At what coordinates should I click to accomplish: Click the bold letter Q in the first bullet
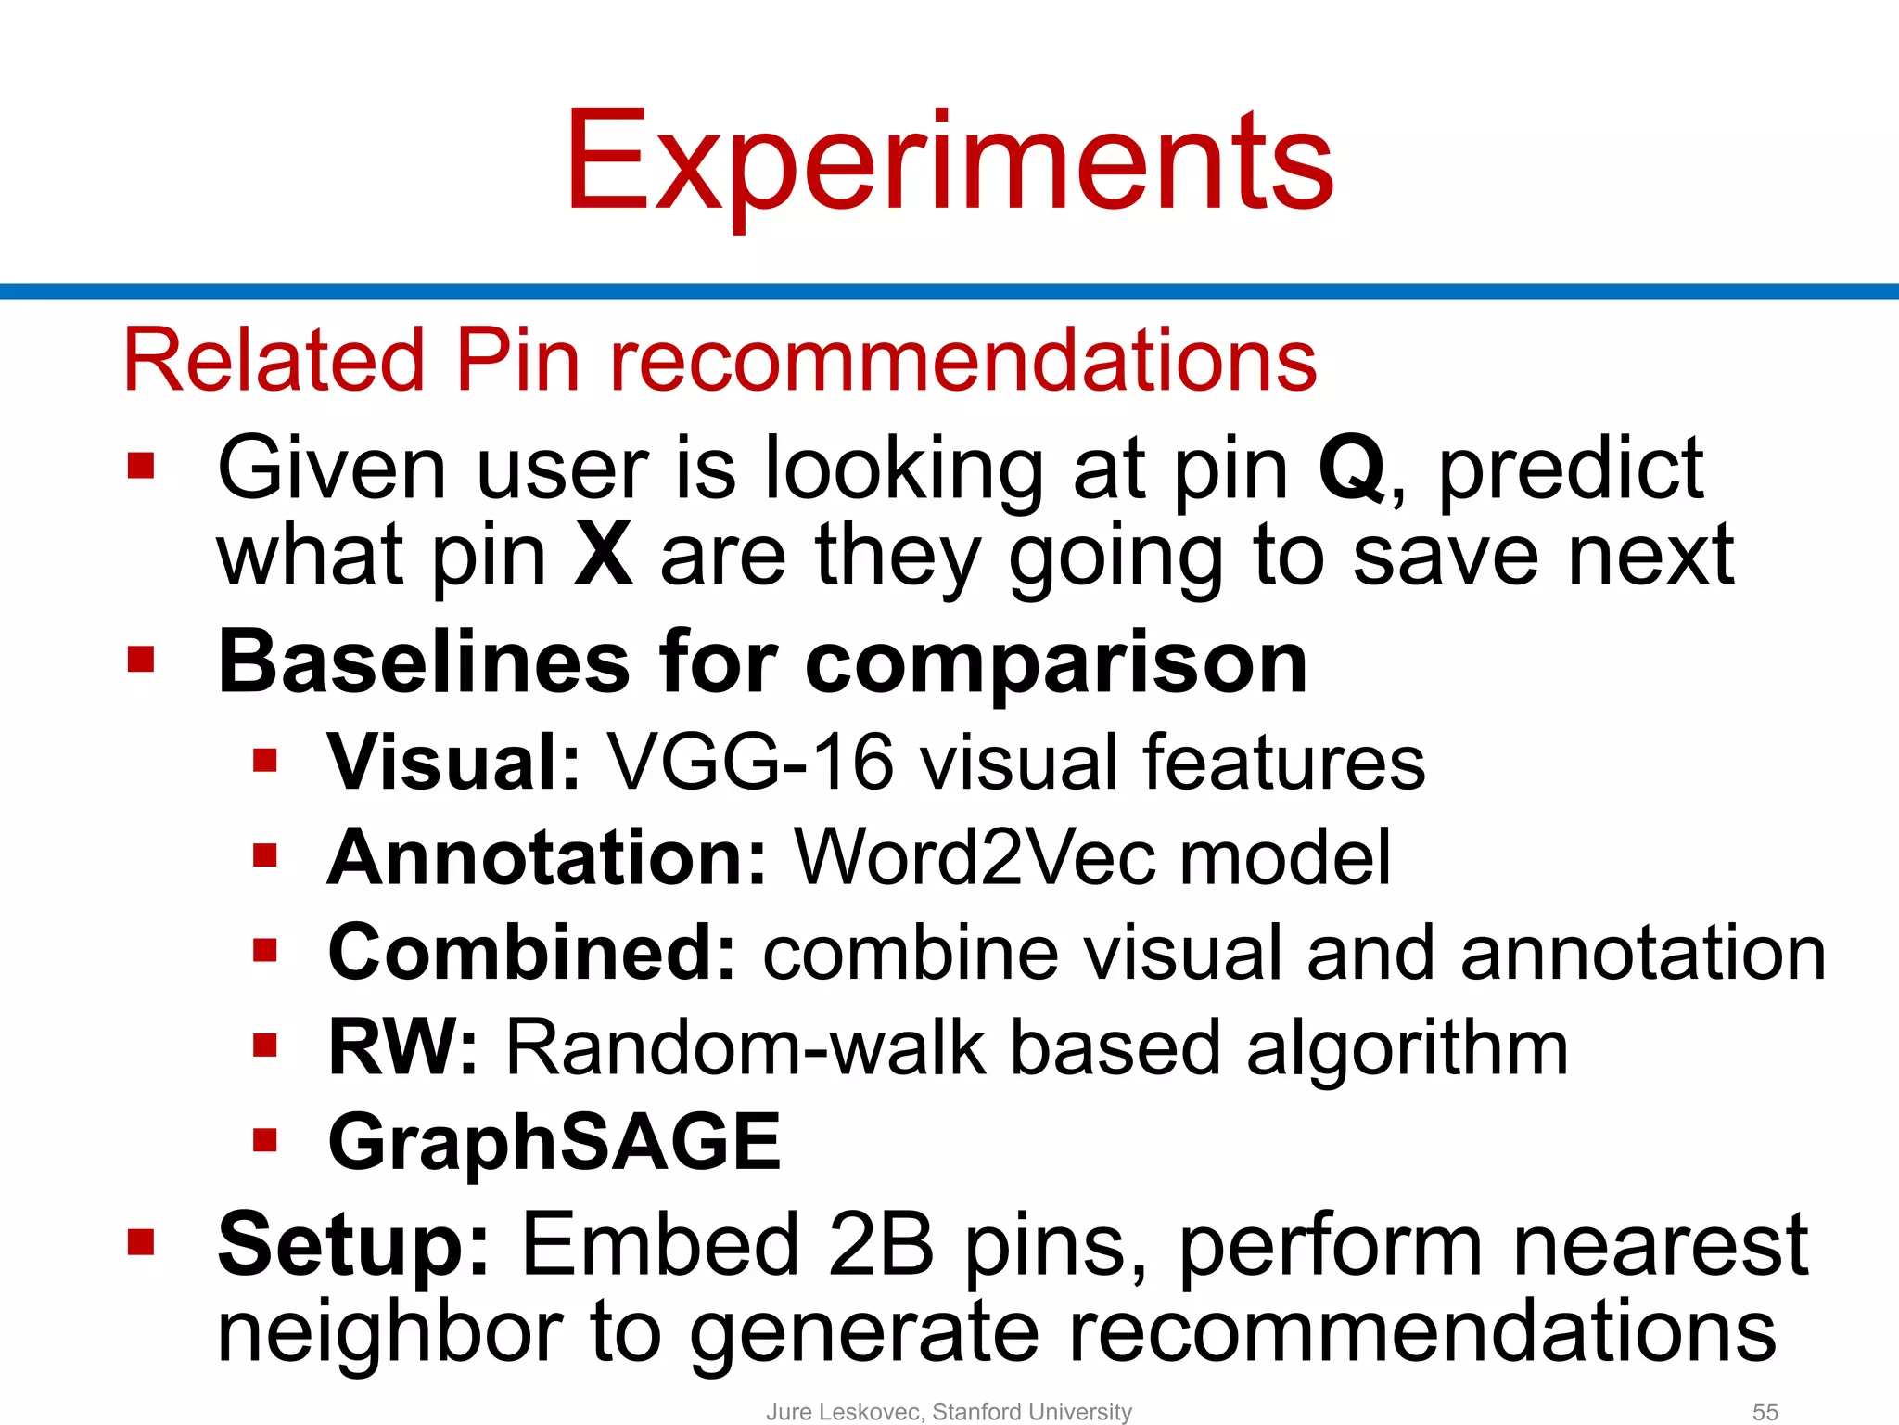(1352, 468)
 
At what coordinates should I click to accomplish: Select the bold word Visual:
(454, 763)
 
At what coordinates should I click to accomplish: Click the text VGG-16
(750, 763)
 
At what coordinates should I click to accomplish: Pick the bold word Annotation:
(547, 857)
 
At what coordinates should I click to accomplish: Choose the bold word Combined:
(532, 953)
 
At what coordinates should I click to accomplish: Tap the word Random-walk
(746, 1047)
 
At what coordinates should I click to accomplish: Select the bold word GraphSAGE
(554, 1142)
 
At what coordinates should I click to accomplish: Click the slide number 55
(1765, 1411)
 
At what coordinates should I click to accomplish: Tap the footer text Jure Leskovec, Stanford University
(949, 1411)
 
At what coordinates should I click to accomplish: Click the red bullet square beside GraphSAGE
(265, 1139)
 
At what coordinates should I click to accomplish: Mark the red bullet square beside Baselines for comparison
(141, 659)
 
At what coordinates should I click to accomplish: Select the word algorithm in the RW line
(1407, 1047)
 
